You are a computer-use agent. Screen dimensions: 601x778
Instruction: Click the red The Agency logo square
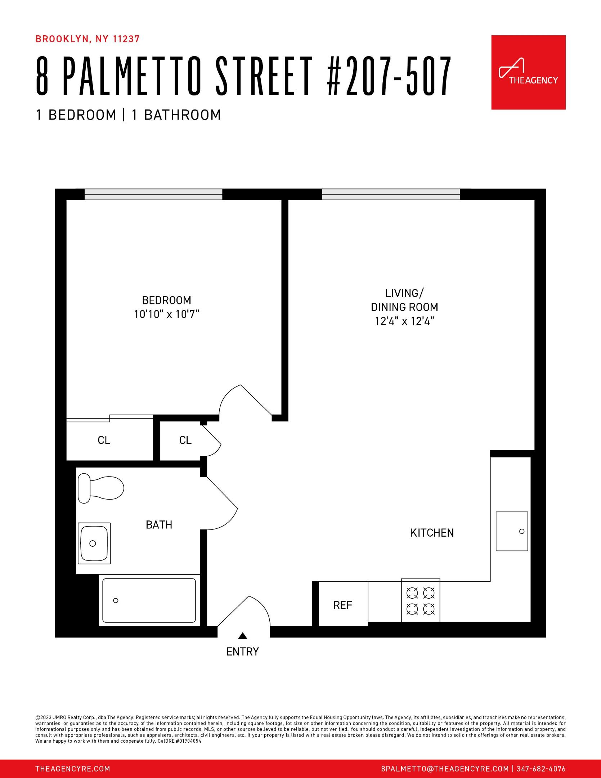click(528, 72)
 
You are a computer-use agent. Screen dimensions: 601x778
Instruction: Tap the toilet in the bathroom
click(101, 488)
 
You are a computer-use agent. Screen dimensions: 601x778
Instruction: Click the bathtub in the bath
click(149, 600)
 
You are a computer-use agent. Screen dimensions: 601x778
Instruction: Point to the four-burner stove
click(421, 600)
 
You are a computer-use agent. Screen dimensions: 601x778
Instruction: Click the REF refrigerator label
click(342, 605)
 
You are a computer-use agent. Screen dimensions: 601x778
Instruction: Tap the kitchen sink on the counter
click(512, 531)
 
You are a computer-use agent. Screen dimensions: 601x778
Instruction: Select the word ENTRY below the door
click(243, 652)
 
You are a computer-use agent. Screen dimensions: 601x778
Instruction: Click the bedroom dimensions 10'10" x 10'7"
click(167, 314)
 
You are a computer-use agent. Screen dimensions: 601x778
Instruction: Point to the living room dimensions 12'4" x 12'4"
click(404, 321)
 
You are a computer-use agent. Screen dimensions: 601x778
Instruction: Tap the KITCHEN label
click(432, 533)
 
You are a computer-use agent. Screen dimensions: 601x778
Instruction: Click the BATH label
click(159, 525)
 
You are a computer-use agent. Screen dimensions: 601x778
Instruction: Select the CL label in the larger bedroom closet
click(104, 440)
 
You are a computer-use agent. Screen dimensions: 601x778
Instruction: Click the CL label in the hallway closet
click(185, 440)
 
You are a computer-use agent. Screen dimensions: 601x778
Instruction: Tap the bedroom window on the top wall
click(153, 194)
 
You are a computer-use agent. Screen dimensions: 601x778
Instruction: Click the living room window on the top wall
click(391, 194)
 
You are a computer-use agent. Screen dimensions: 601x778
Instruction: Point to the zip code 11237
click(126, 39)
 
